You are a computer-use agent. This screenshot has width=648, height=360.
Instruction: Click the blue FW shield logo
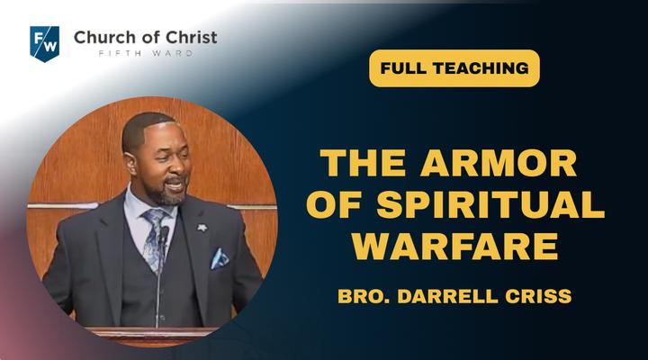point(45,44)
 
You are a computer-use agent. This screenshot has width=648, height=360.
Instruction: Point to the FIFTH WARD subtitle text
point(146,53)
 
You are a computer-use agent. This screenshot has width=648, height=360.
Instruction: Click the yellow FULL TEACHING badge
point(454,68)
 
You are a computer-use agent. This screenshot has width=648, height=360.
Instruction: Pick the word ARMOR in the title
point(499,163)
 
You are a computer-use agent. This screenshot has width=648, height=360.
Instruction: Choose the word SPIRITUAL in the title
point(490,204)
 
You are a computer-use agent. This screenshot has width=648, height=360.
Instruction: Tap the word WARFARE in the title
point(455,246)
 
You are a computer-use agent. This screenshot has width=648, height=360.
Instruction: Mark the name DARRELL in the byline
point(447,296)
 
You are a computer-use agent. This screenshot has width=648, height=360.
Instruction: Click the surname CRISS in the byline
point(538,296)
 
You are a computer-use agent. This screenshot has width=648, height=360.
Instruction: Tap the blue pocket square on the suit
point(220,258)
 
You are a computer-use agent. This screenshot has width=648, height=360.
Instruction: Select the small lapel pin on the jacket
point(202,228)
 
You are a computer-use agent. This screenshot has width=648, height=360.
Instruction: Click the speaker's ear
point(131,163)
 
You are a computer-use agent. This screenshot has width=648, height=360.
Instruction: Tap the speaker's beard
point(168,194)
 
